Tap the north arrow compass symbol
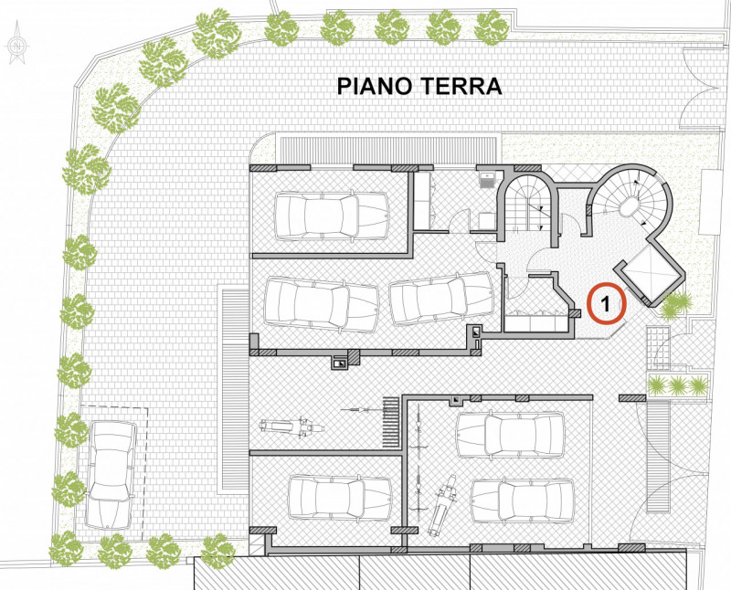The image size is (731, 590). [16, 47]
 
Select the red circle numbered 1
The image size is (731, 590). [605, 304]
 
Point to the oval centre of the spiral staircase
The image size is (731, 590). [630, 208]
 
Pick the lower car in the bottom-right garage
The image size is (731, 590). [523, 500]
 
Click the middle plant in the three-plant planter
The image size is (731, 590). [677, 385]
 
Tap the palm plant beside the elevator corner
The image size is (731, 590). [676, 305]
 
